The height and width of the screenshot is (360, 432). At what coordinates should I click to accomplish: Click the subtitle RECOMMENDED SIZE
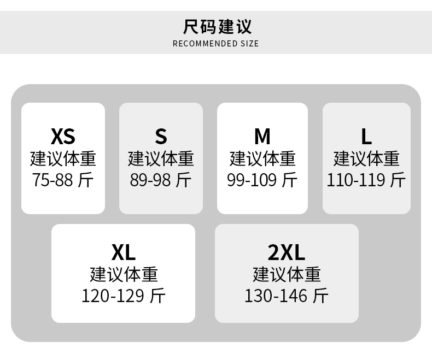(x=216, y=44)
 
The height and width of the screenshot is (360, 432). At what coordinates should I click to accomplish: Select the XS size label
(x=63, y=135)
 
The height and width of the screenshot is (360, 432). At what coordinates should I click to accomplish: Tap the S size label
(x=161, y=135)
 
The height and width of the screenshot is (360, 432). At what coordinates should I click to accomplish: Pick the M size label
(x=262, y=135)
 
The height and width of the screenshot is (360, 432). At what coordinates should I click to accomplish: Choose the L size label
(x=366, y=135)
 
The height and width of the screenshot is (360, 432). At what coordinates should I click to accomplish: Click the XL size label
(x=124, y=252)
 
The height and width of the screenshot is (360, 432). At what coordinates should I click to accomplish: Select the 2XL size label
(x=287, y=252)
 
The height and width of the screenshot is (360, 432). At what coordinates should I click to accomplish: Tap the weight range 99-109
(x=252, y=180)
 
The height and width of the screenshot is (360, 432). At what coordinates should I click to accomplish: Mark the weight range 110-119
(x=355, y=180)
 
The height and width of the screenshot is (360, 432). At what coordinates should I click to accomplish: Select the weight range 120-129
(x=113, y=296)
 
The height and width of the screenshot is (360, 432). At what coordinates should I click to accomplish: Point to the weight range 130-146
(x=276, y=296)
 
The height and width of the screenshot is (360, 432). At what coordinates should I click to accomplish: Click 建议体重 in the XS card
(x=63, y=158)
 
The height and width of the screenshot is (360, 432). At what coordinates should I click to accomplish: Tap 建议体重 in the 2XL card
(x=287, y=274)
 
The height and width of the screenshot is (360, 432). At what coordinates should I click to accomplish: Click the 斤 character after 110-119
(x=398, y=180)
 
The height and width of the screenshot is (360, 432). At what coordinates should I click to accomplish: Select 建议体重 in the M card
(x=262, y=158)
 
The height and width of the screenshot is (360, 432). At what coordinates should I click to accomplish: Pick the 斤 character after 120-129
(x=157, y=296)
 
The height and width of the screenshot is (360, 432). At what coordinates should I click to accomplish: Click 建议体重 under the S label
(x=161, y=158)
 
